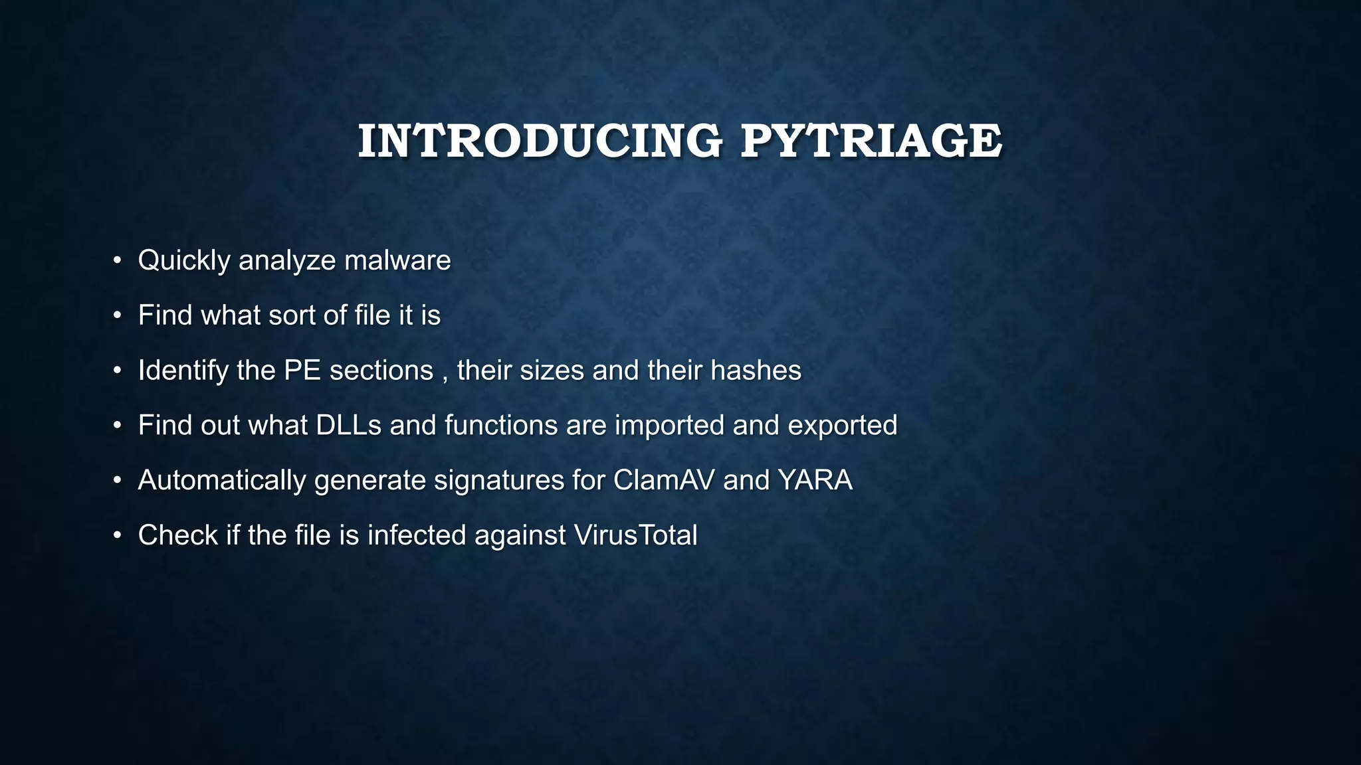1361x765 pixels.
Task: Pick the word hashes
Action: (x=756, y=370)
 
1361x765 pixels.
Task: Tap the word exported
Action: (x=842, y=426)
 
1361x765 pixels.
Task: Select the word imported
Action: (x=669, y=426)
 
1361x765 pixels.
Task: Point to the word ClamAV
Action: (x=664, y=480)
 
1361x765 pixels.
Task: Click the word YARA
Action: (x=815, y=480)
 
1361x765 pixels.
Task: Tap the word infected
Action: (x=417, y=535)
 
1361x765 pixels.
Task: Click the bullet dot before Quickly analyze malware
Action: (x=117, y=260)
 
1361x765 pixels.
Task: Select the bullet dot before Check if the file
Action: (x=117, y=535)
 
